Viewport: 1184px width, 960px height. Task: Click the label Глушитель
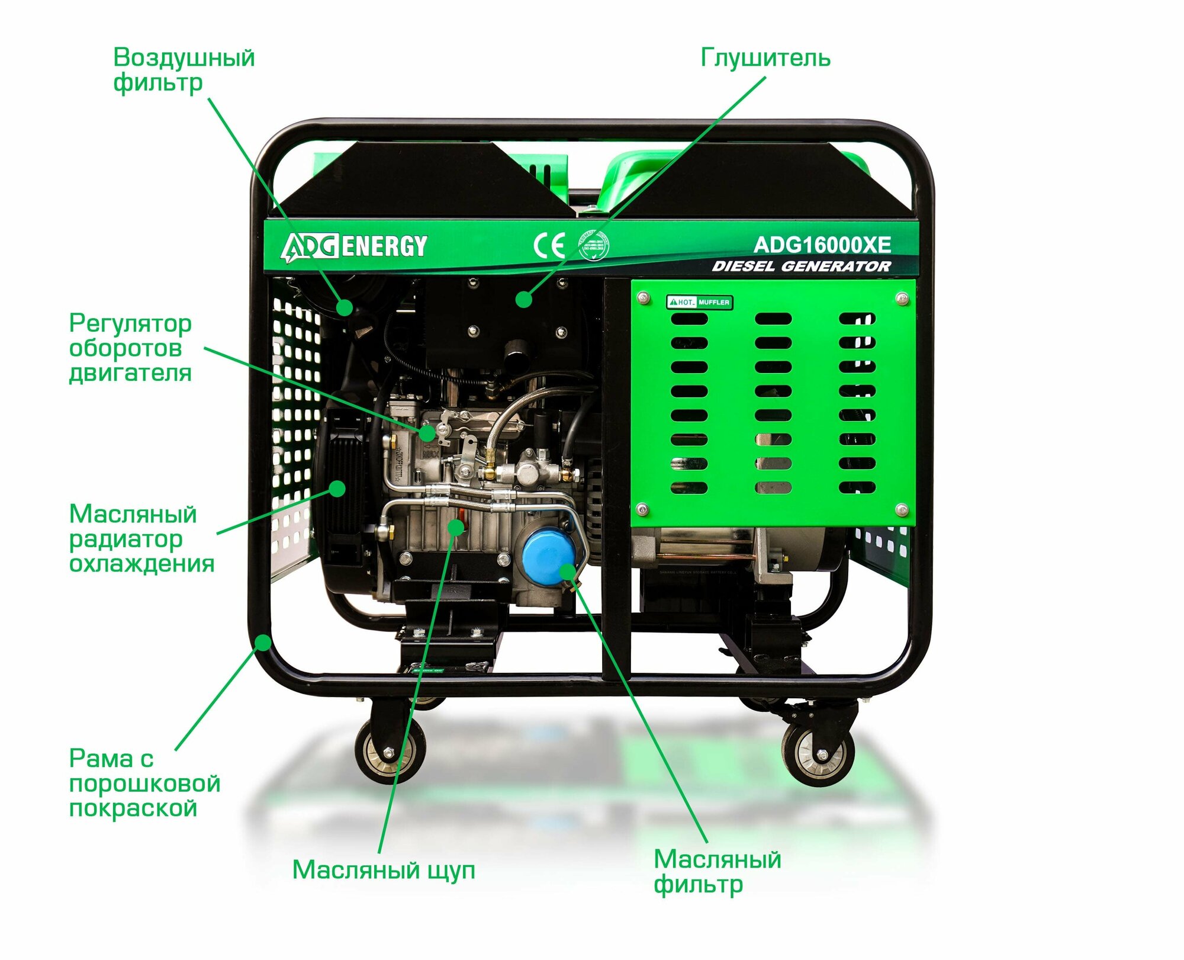pyautogui.click(x=765, y=58)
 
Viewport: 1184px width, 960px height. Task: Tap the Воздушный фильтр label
pyautogui.click(x=184, y=70)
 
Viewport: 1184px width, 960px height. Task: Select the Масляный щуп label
pyautogui.click(x=384, y=869)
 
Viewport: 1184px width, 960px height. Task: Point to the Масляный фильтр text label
pyautogui.click(x=717, y=871)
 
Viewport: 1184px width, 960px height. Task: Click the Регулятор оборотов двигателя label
pyautogui.click(x=130, y=348)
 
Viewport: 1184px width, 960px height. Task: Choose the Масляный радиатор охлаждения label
pyautogui.click(x=141, y=538)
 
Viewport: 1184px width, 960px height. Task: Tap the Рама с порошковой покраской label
pyautogui.click(x=144, y=783)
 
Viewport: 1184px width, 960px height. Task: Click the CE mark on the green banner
pyautogui.click(x=549, y=245)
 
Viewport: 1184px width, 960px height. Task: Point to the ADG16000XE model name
pyautogui.click(x=822, y=245)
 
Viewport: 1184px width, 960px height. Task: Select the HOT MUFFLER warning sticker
pyautogui.click(x=699, y=302)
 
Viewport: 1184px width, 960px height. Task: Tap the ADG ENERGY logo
pyautogui.click(x=354, y=246)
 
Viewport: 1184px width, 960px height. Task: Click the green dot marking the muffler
pyautogui.click(x=523, y=299)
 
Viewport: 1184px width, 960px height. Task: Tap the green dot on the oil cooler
pyautogui.click(x=337, y=489)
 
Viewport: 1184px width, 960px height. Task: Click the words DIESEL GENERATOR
pyautogui.click(x=801, y=267)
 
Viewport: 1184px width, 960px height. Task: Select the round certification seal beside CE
pyautogui.click(x=593, y=245)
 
